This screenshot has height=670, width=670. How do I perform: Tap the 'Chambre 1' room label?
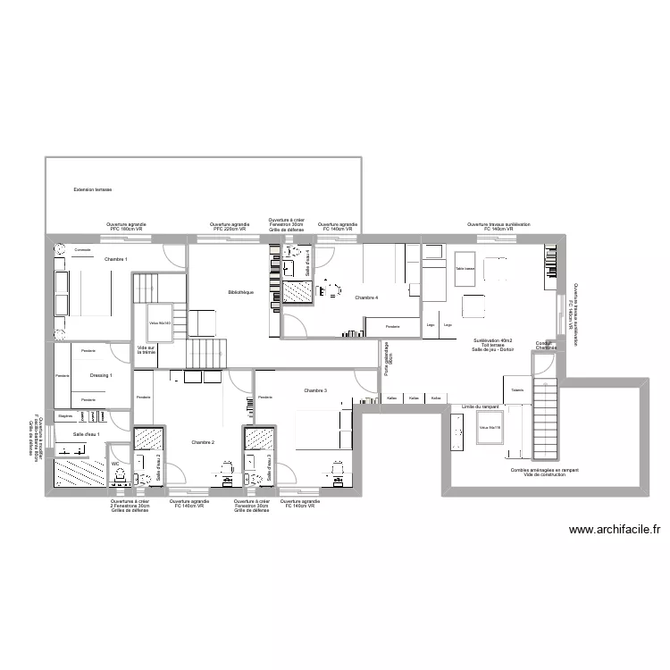(115, 259)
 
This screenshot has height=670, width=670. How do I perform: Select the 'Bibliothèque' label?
(241, 292)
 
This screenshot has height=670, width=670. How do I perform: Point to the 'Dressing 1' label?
(101, 376)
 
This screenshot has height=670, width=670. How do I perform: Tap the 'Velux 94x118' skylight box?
(490, 428)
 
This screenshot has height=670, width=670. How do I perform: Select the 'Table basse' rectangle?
(464, 268)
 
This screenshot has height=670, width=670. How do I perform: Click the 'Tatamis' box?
(517, 390)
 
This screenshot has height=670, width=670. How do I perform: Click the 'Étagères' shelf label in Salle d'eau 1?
(64, 416)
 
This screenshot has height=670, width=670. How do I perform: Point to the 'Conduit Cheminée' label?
(546, 345)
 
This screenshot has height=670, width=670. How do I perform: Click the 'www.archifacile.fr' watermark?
(615, 530)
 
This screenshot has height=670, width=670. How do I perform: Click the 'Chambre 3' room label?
(314, 390)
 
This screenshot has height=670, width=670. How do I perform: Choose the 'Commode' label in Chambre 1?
(82, 249)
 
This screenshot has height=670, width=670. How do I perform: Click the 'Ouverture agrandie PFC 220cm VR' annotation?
(228, 227)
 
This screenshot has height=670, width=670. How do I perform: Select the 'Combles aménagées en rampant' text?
(545, 469)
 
